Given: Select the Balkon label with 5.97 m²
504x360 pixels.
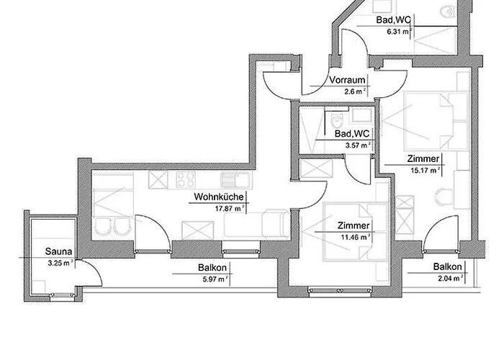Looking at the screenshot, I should pos(213,269).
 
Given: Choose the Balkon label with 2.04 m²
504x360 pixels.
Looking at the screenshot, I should pos(448,266).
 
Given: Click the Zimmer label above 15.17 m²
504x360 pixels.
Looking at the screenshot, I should pos(422,161).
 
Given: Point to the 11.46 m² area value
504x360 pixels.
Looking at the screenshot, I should pos(356,235).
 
